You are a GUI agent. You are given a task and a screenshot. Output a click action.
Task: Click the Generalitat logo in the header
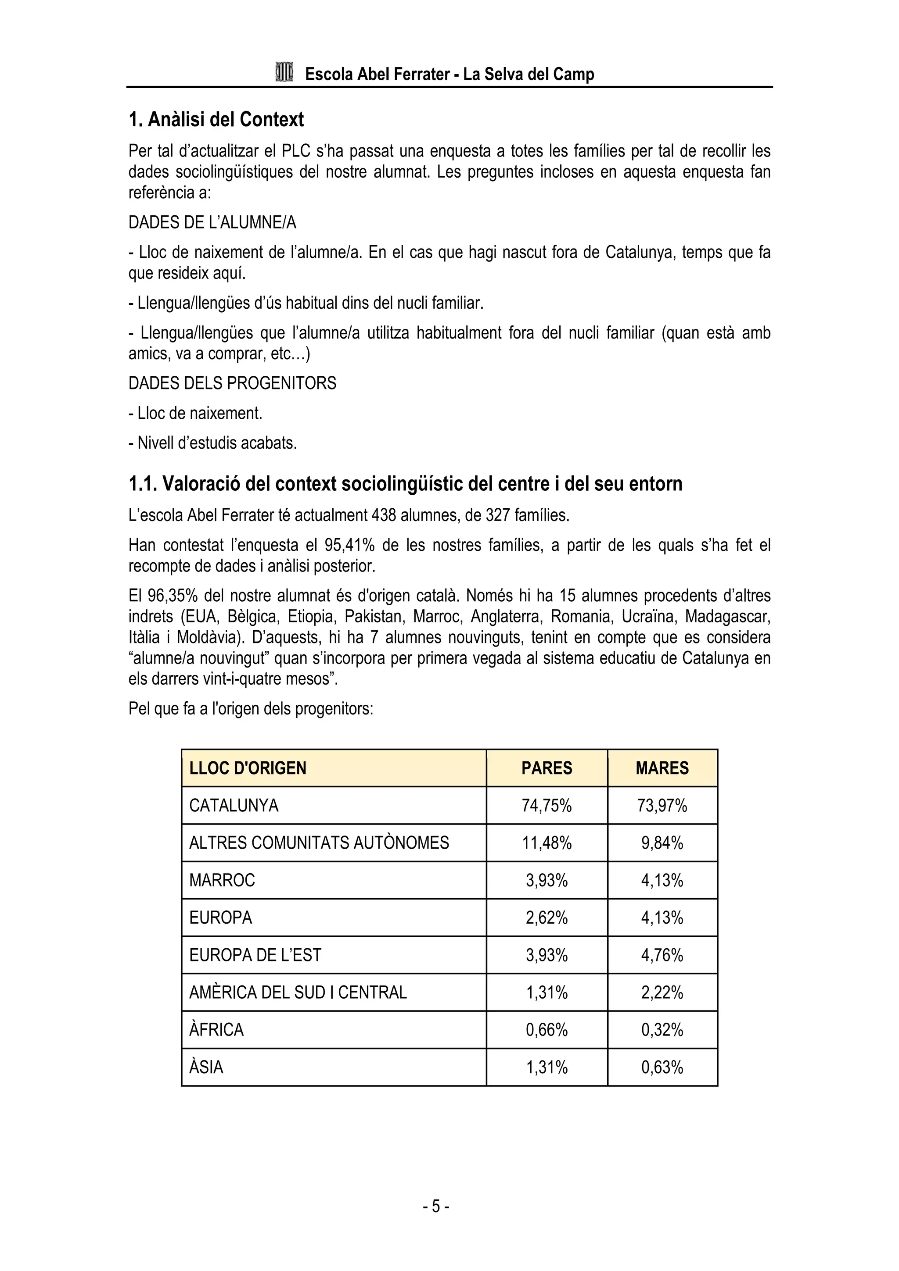284,72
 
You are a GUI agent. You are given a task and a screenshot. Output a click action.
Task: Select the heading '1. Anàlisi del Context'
216,120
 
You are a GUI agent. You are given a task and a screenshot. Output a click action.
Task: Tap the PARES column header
546,768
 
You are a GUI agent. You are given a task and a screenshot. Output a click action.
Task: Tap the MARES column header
662,768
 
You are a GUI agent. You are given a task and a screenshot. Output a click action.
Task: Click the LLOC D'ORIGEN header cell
248,768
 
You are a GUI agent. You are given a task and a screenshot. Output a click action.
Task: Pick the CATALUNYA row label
234,805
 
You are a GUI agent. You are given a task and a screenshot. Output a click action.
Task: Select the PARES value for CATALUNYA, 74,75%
546,805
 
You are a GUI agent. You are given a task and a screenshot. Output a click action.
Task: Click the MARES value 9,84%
662,843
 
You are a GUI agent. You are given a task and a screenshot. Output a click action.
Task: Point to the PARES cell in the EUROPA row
546,918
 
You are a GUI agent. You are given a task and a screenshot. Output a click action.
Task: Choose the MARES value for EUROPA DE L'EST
662,955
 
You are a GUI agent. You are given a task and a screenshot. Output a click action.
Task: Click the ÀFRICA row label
216,1030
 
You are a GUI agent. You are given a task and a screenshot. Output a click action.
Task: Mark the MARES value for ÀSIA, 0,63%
662,1067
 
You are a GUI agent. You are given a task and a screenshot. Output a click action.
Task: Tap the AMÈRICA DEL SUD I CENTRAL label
298,993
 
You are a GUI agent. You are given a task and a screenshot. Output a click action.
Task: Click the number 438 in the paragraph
384,515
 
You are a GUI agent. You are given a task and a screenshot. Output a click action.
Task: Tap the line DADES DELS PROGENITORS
232,383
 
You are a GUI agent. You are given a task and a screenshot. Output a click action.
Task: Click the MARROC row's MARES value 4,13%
662,880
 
